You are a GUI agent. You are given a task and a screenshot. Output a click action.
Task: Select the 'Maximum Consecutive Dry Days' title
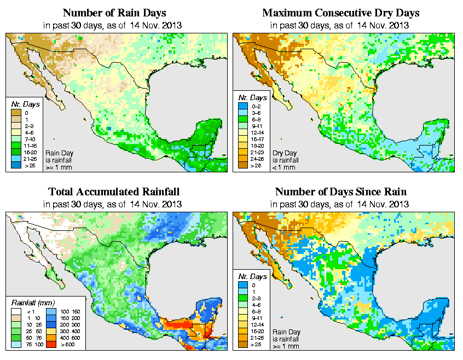[x=341, y=13]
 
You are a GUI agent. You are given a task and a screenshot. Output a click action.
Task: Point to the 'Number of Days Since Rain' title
[x=341, y=191]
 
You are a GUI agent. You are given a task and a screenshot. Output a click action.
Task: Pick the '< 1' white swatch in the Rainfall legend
[x=16, y=311]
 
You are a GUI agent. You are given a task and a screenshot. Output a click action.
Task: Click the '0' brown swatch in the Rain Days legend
[x=16, y=113]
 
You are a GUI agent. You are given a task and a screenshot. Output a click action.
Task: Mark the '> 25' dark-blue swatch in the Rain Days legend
[x=16, y=165]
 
